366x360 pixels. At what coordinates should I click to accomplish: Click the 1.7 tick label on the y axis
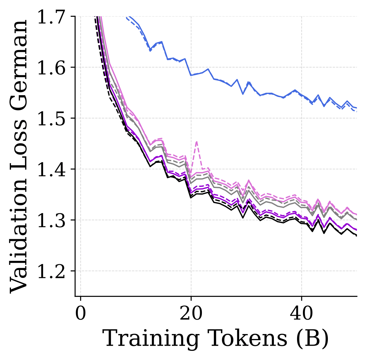point(51,17)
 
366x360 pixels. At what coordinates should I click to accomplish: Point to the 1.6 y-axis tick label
point(51,68)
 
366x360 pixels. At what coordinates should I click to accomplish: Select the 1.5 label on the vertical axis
point(51,119)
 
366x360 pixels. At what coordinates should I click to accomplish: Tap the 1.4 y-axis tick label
point(51,170)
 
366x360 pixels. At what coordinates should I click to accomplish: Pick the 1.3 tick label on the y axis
point(51,221)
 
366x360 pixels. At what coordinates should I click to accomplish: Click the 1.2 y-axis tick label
point(51,272)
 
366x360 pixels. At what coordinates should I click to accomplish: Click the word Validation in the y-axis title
point(19,233)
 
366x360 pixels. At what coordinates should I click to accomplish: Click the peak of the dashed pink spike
point(197,142)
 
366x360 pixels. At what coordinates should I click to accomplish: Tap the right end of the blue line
point(357,108)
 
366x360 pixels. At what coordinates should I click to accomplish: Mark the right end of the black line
point(357,236)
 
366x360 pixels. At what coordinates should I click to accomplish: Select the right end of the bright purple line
point(357,230)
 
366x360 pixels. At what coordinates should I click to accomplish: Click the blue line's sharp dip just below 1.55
point(243,94)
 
